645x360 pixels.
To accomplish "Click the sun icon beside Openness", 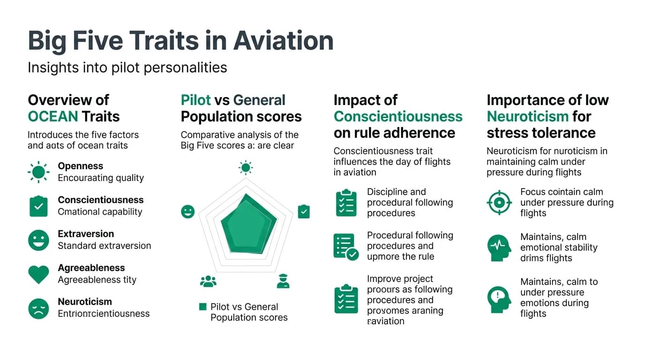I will (x=38, y=172).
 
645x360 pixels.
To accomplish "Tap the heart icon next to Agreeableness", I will (x=38, y=274).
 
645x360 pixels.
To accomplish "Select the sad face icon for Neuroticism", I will (x=38, y=308).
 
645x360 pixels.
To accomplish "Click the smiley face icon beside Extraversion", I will (x=38, y=240).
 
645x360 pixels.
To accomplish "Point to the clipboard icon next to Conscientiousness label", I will (x=38, y=206).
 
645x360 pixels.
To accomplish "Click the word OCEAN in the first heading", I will (x=52, y=116).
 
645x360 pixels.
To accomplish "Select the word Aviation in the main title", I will (x=283, y=41).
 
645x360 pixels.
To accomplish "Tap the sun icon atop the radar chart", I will (x=246, y=167).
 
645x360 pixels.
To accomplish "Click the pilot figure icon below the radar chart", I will (x=283, y=281).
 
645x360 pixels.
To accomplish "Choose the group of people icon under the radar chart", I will (x=208, y=281).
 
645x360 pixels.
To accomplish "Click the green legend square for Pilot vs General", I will (x=203, y=307).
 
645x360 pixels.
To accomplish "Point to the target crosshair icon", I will (x=499, y=202).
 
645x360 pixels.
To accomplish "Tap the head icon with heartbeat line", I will (x=499, y=247).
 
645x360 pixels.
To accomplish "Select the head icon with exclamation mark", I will (x=499, y=299).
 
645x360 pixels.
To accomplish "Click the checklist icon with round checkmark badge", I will (x=346, y=247).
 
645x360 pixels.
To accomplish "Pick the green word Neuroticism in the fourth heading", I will (x=527, y=116).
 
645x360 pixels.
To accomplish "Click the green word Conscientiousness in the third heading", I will (x=398, y=116).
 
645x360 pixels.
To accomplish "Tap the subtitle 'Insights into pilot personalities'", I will (x=127, y=67).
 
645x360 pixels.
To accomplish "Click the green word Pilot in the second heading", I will (x=196, y=100).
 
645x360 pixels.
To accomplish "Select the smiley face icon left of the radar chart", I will (x=187, y=211).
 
